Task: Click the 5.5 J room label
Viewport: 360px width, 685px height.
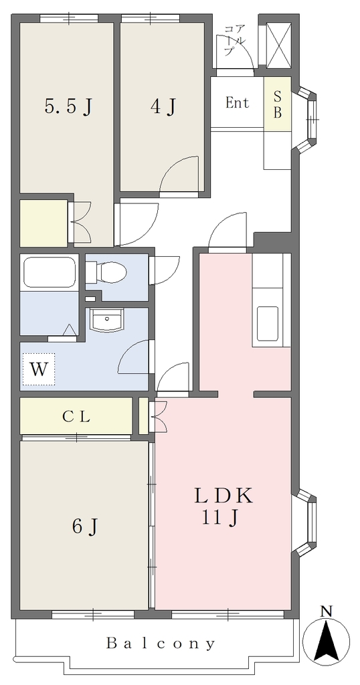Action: (69, 106)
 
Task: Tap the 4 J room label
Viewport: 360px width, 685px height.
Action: (163, 106)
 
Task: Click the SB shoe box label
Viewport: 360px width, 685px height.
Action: (278, 104)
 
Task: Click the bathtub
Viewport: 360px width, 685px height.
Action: (49, 272)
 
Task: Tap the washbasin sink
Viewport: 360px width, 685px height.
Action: (106, 319)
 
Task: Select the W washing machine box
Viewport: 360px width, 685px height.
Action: (39, 369)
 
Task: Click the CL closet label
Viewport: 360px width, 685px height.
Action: (76, 416)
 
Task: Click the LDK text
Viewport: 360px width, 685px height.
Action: (223, 496)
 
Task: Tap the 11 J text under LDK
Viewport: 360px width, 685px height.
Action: (219, 518)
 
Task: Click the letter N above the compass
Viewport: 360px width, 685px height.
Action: (326, 611)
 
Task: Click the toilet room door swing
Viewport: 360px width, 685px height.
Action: (163, 272)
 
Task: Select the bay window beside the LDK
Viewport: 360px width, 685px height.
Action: (304, 522)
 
